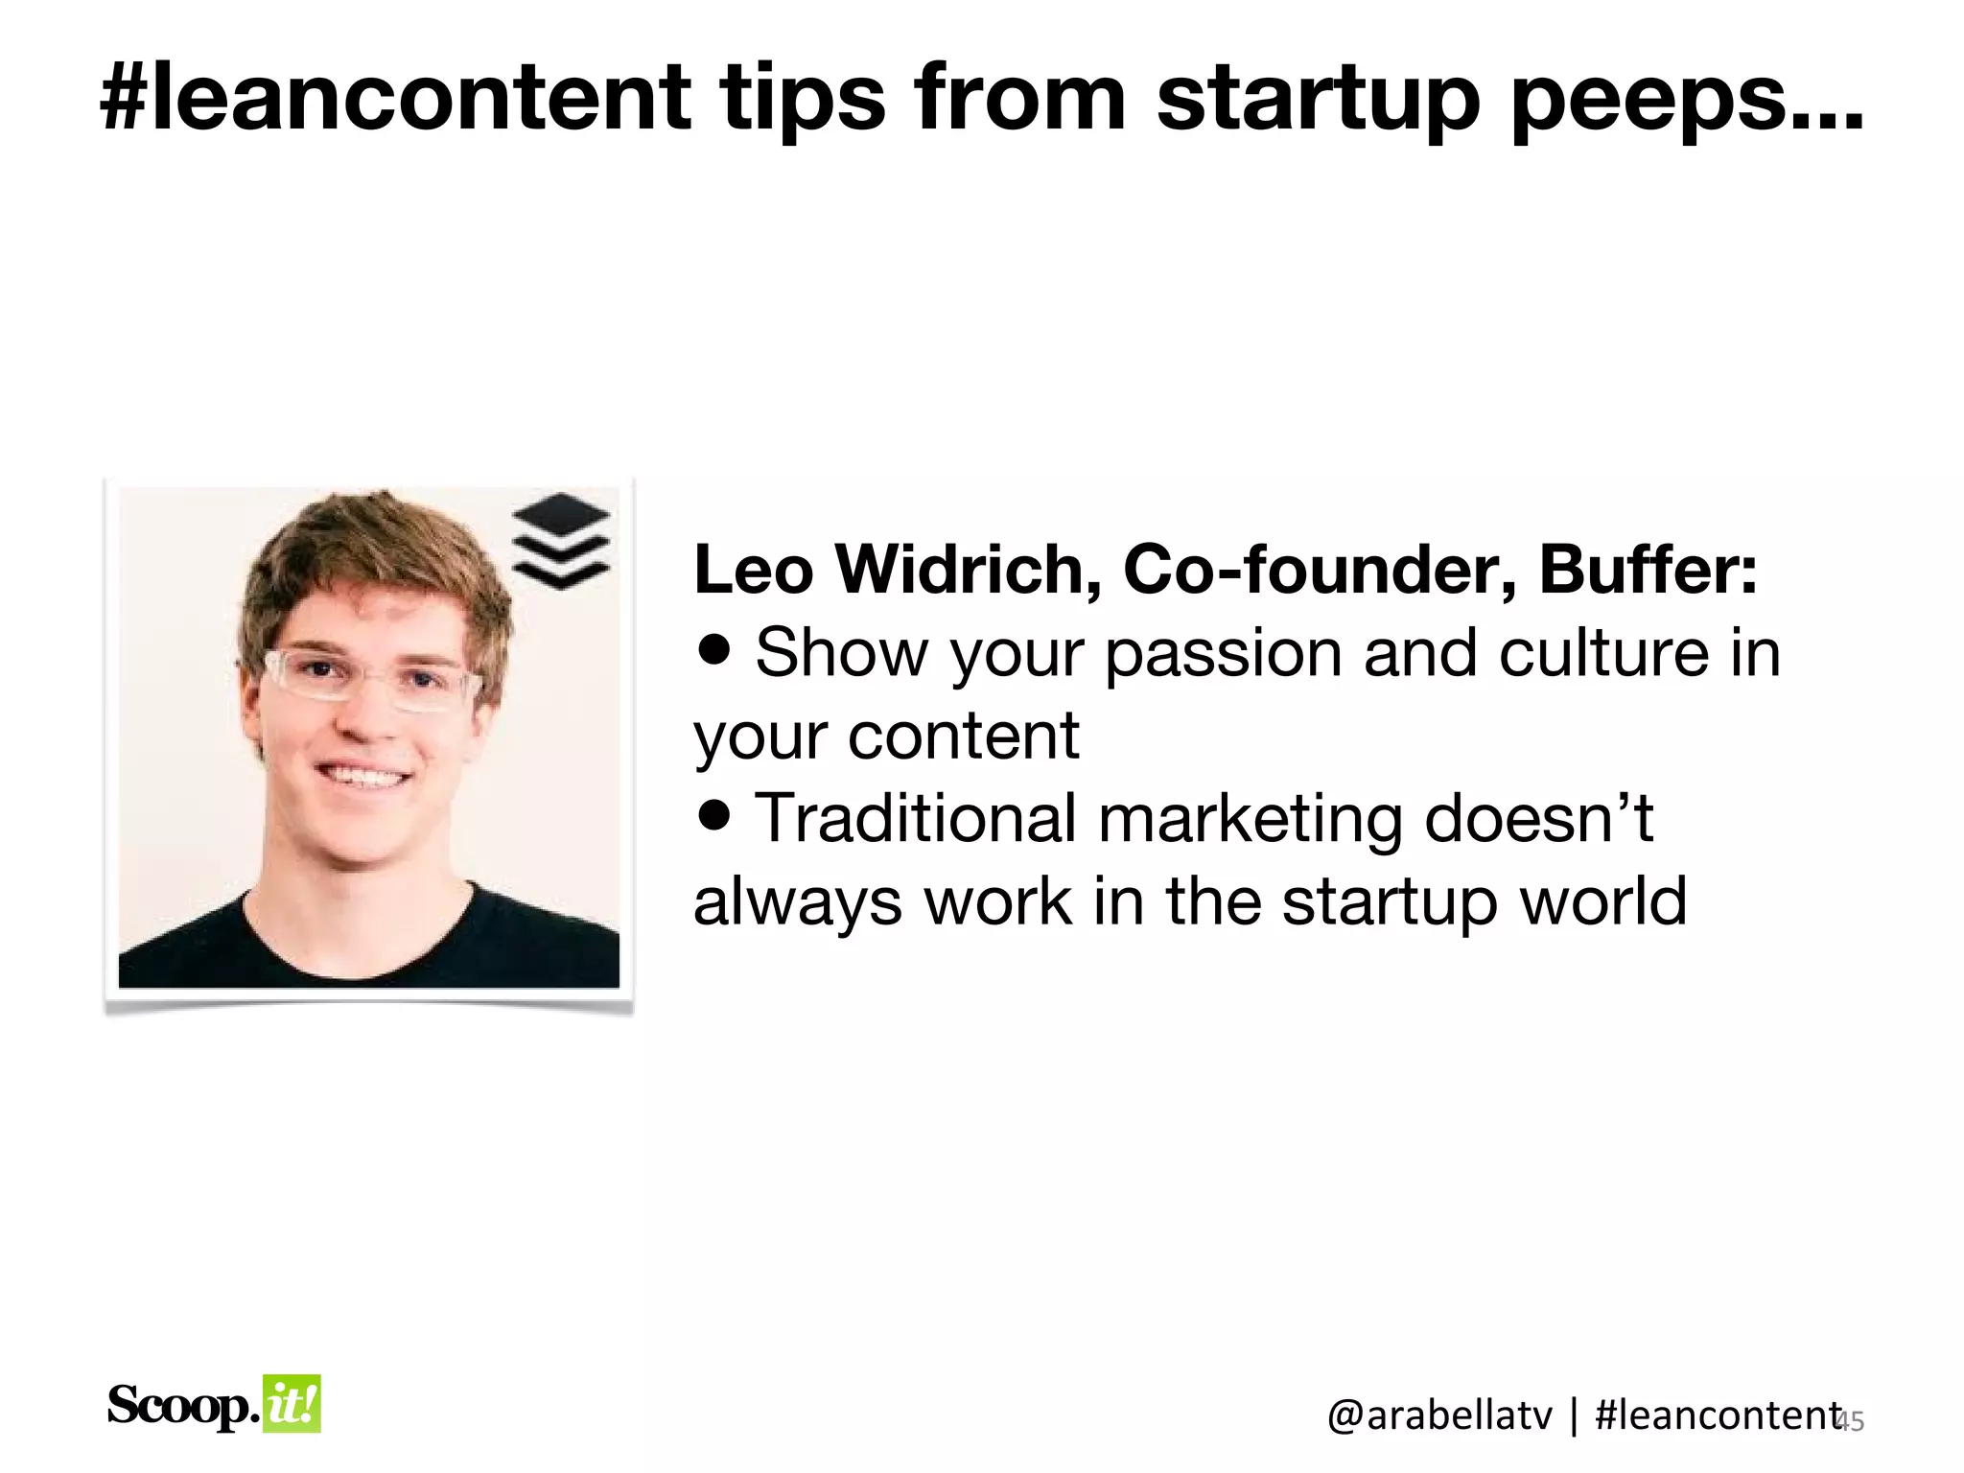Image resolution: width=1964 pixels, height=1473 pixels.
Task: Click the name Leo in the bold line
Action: coord(754,570)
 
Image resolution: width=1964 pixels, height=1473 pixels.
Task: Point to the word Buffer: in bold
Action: coord(1648,570)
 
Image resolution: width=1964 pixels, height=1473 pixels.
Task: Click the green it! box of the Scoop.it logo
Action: coord(292,1404)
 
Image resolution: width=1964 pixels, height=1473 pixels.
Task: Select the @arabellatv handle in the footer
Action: coord(1439,1415)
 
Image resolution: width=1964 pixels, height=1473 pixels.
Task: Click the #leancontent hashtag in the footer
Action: coord(1717,1415)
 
